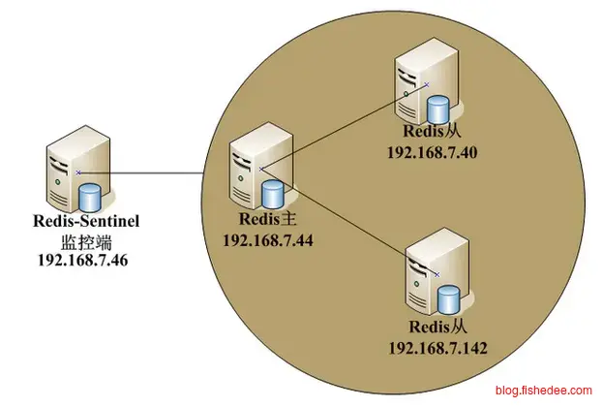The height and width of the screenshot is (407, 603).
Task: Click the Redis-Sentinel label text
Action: (x=85, y=222)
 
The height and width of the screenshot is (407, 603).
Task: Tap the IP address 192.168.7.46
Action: (x=85, y=259)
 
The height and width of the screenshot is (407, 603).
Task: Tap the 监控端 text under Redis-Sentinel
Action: (x=85, y=240)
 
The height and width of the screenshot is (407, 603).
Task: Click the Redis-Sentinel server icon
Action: (x=68, y=174)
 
